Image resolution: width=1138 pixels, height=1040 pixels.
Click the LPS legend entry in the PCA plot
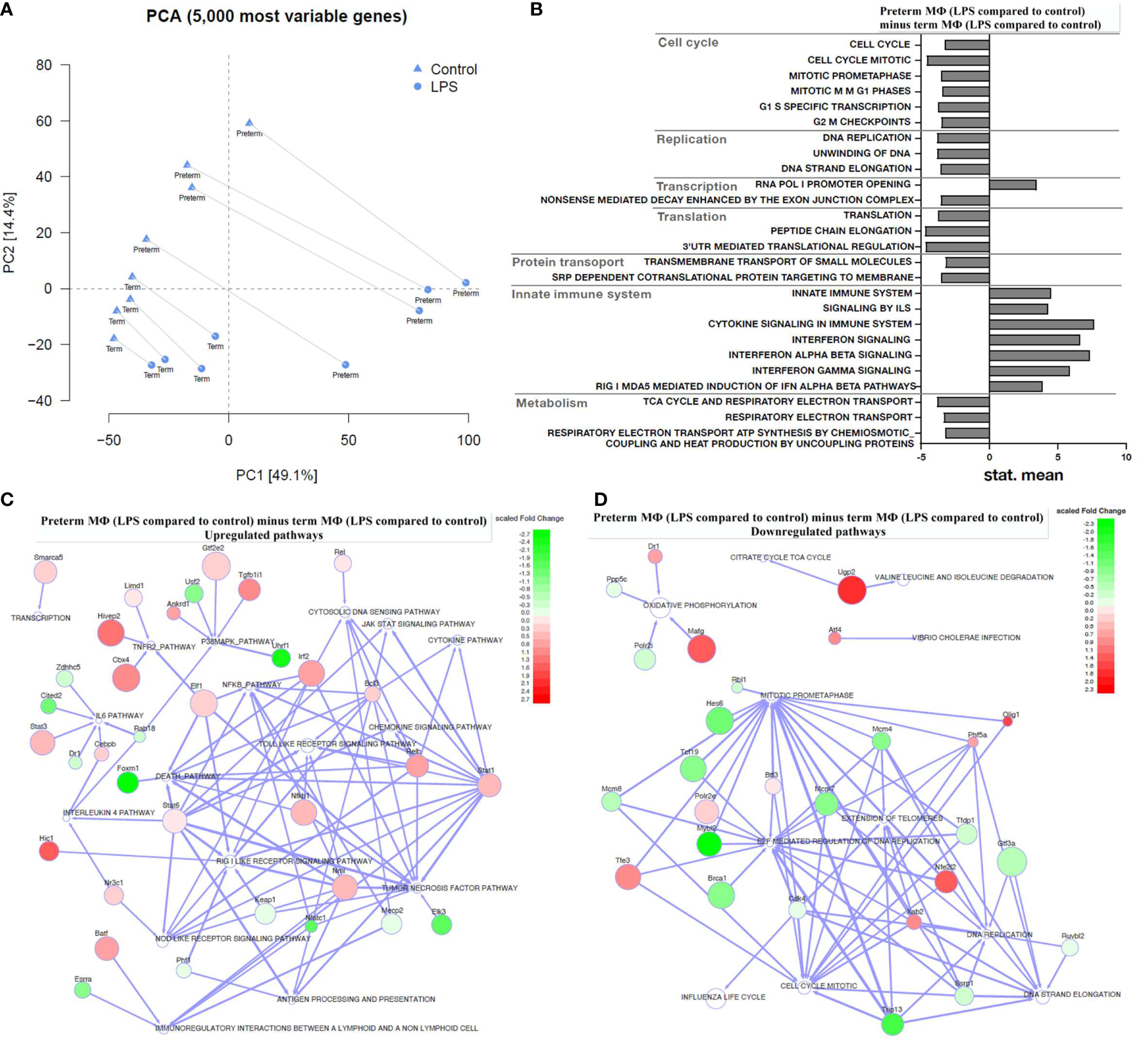click(x=443, y=87)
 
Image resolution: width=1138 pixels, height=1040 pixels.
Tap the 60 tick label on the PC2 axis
click(x=44, y=121)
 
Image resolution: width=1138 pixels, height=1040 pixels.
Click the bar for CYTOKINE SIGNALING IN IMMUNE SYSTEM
click(x=1040, y=324)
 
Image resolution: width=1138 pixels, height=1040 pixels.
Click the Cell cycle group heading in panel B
click(x=687, y=43)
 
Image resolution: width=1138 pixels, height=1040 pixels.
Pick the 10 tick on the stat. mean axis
click(x=1126, y=457)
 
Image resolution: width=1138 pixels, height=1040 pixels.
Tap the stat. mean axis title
click(x=1023, y=476)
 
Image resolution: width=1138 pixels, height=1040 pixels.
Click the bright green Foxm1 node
click(x=128, y=783)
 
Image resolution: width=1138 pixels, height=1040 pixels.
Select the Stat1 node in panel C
click(x=489, y=785)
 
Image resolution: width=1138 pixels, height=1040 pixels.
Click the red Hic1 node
click(x=49, y=851)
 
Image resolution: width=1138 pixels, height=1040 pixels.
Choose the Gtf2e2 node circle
click(x=216, y=566)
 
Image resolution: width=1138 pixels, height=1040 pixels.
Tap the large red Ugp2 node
click(x=851, y=590)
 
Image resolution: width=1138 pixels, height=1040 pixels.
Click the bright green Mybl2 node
click(x=709, y=844)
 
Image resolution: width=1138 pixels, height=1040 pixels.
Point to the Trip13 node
click(x=892, y=1024)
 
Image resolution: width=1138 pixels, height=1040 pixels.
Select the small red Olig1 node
click(x=1007, y=722)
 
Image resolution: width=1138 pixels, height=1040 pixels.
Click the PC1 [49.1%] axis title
click(x=277, y=476)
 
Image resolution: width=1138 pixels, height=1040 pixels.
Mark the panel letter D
click(x=601, y=499)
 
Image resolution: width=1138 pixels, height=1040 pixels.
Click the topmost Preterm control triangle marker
click(x=249, y=123)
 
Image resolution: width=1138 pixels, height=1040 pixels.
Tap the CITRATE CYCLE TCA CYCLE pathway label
click(x=780, y=557)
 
